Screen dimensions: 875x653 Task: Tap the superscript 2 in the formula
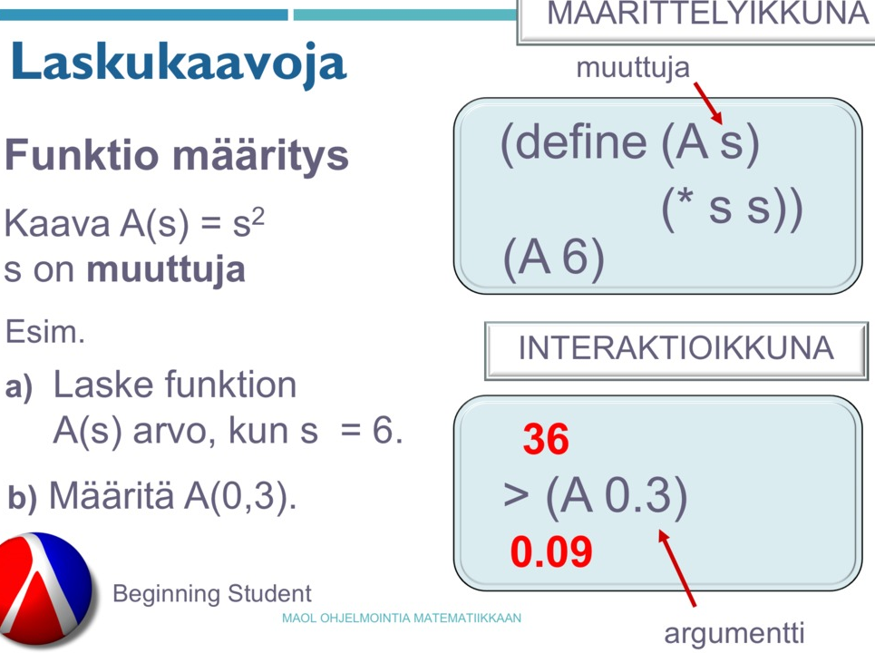point(258,216)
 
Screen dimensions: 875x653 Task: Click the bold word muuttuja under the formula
point(166,269)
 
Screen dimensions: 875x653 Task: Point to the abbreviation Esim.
point(44,332)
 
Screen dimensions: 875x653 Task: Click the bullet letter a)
point(19,386)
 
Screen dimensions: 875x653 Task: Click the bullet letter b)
point(23,497)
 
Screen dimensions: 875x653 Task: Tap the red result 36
point(546,439)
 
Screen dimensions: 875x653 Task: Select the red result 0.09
point(551,551)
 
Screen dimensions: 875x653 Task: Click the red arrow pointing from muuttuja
point(708,103)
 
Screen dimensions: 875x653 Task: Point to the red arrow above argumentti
point(677,568)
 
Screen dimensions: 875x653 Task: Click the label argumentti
point(734,633)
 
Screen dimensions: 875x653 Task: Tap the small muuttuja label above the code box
point(633,68)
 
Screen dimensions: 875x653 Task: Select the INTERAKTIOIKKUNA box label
point(676,349)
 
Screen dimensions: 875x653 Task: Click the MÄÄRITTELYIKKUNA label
point(707,14)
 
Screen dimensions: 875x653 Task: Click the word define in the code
point(580,141)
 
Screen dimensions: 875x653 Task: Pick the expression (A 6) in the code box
point(554,258)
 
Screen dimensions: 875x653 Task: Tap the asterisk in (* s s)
point(685,199)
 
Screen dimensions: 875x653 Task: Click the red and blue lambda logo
point(45,590)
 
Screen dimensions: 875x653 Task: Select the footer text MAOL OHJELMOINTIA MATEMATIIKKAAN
point(401,619)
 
